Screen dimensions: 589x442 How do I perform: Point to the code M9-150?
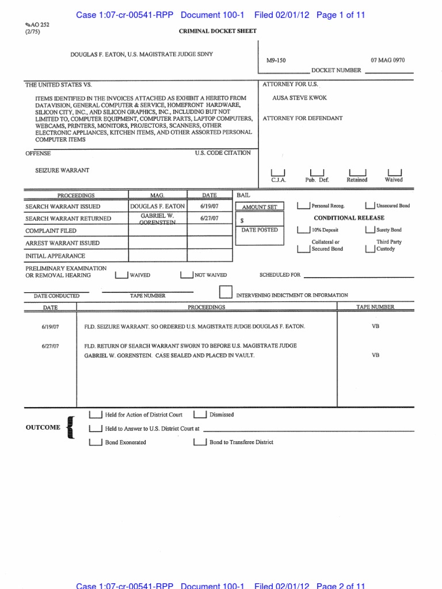276,59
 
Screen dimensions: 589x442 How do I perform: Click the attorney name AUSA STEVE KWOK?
299,98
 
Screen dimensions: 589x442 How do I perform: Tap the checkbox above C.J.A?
278,173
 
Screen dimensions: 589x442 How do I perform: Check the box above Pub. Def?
317,173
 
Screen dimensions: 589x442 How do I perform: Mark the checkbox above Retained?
357,173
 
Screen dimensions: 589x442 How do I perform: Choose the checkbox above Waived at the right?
395,173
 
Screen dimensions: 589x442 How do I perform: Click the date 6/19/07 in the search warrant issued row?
209,206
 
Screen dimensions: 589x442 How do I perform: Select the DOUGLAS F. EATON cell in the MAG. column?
157,206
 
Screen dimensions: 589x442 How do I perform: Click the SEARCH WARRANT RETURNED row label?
68,219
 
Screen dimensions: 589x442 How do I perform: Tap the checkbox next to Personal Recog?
303,205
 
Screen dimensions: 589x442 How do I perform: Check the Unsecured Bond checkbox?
370,205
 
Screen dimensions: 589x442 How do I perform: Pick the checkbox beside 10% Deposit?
303,230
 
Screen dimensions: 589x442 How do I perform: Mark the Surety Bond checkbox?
370,230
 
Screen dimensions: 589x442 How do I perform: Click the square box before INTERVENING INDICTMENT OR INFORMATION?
226,292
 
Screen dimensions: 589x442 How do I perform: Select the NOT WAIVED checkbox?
186,275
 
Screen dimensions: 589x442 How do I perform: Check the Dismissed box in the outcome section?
200,414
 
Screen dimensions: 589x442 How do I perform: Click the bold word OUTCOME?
43,427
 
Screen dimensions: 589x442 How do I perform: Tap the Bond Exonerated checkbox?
96,442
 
